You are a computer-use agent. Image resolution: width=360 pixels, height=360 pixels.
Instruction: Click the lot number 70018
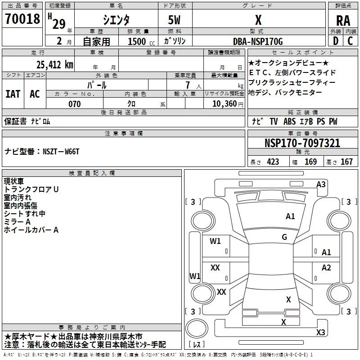pos(22,19)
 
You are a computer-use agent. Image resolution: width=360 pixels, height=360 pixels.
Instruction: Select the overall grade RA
pos(343,21)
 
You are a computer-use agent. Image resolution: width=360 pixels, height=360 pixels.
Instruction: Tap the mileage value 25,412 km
pos(55,65)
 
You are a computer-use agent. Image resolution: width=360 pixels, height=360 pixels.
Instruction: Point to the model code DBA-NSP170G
pos(258,41)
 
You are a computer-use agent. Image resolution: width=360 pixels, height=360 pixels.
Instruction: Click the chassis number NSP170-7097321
pos(302,143)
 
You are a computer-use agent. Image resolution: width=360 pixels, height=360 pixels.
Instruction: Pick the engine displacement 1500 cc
pos(141,41)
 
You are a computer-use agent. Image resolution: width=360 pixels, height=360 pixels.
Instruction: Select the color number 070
pos(75,104)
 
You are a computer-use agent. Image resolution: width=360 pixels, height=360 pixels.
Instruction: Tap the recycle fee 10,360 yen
pos(228,104)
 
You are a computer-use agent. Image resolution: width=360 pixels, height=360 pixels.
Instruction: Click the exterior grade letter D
pos(336,41)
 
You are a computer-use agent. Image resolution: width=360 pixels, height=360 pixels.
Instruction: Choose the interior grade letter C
pos(350,41)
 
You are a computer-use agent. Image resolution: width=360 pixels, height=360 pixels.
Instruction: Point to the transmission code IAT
pos(13,94)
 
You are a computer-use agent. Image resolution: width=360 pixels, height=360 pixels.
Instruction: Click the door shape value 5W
pos(174,20)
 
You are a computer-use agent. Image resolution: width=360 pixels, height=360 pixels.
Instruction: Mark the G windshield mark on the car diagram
pos(284,237)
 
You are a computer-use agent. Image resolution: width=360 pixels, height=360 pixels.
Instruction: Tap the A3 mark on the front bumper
pos(321,184)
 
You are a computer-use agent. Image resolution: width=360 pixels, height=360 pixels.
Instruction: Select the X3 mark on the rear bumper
pos(320,332)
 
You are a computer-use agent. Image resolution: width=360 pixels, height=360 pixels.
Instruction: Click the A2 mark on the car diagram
pos(326,267)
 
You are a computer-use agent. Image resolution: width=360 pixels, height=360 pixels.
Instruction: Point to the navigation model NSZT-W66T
pos(61,152)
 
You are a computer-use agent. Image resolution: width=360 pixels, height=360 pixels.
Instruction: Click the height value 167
pos(346,162)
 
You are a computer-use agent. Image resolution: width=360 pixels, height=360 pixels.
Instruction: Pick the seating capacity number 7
pos(188,85)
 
